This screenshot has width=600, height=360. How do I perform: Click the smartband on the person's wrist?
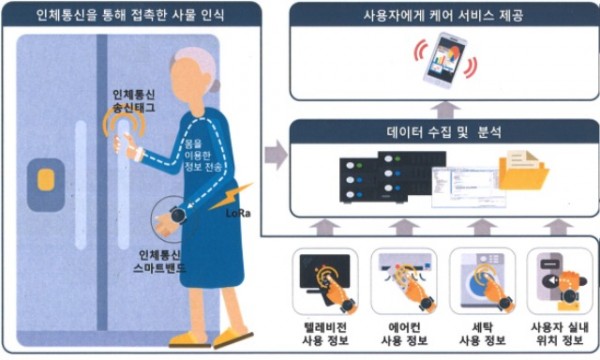[175, 213]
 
